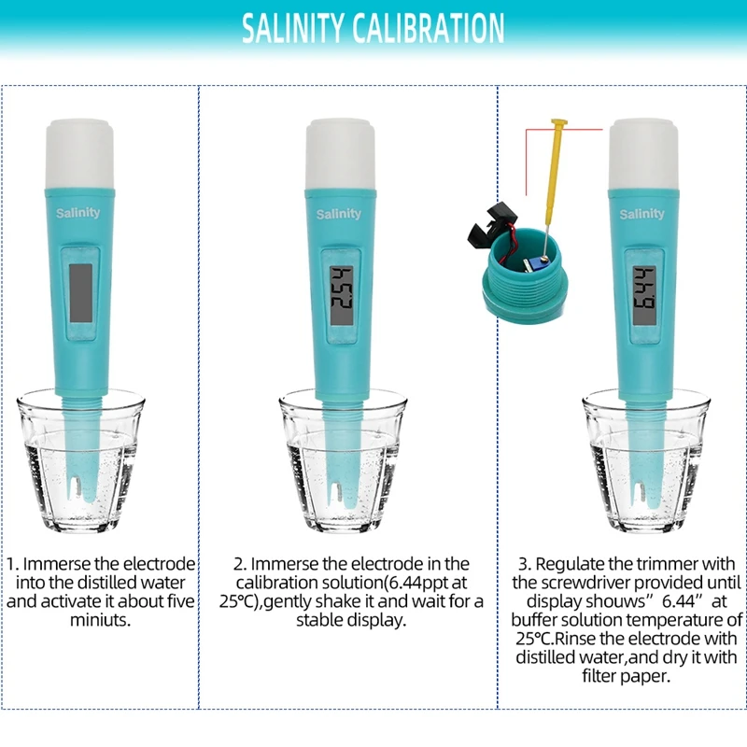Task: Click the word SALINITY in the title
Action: pyautogui.click(x=292, y=28)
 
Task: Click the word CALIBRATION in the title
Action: pyautogui.click(x=429, y=28)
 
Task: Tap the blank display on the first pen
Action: pyautogui.click(x=80, y=293)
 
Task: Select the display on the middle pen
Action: pyautogui.click(x=341, y=295)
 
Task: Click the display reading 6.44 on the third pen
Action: pyautogui.click(x=644, y=293)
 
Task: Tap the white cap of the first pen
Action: pyautogui.click(x=79, y=155)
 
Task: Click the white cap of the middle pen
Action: pyautogui.click(x=340, y=155)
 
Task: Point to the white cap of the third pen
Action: pyautogui.click(x=643, y=155)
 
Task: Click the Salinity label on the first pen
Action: pyautogui.click(x=78, y=213)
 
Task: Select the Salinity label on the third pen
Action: pyautogui.click(x=641, y=214)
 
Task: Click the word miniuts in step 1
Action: pyautogui.click(x=100, y=620)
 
